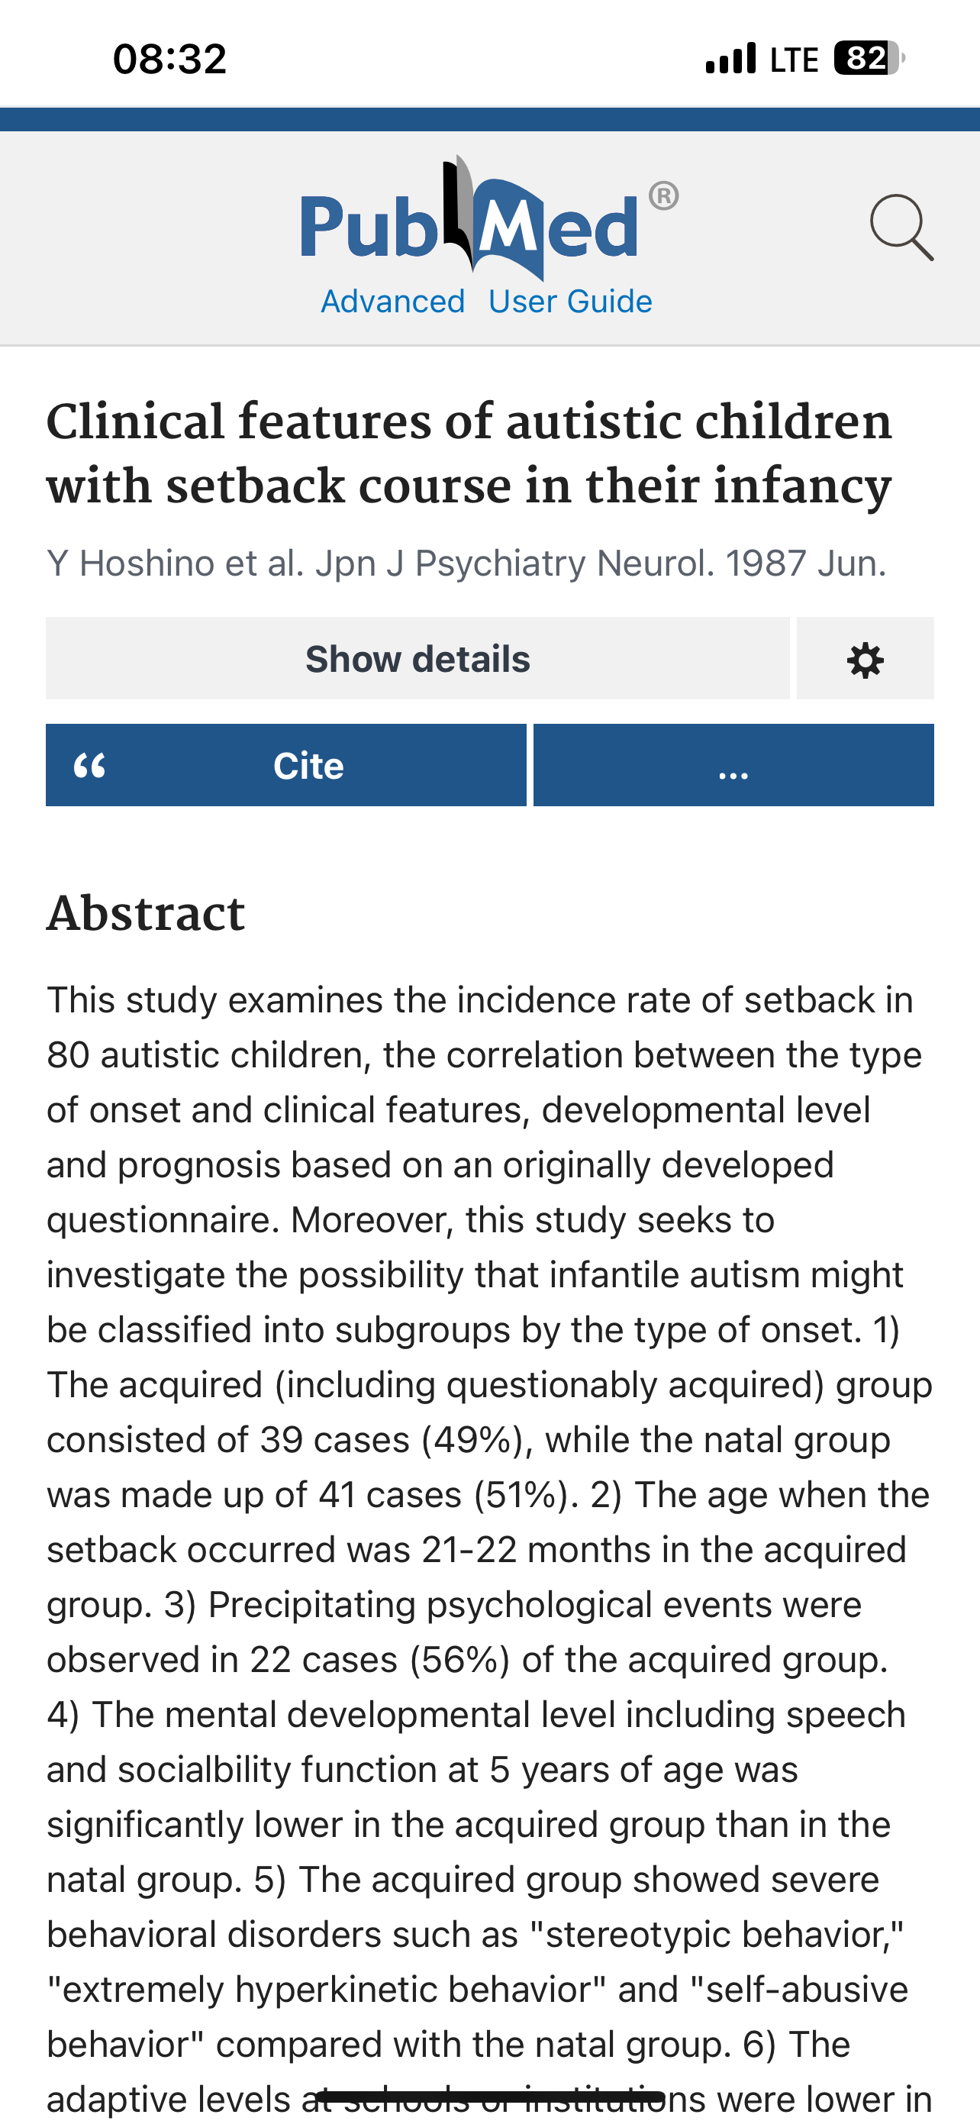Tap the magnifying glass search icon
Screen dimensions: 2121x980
pyautogui.click(x=901, y=228)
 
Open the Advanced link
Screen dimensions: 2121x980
pyautogui.click(x=392, y=302)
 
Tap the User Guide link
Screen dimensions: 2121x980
pyautogui.click(x=569, y=302)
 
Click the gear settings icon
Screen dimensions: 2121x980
pyautogui.click(x=865, y=660)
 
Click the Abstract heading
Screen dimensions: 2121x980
pyautogui.click(x=146, y=913)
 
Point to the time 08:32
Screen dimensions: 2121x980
pyautogui.click(x=169, y=60)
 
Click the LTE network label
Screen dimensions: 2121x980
pyautogui.click(x=793, y=60)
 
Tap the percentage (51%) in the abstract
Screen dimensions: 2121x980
pyautogui.click(x=524, y=1495)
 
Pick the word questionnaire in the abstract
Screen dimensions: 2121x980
pyautogui.click(x=158, y=1220)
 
